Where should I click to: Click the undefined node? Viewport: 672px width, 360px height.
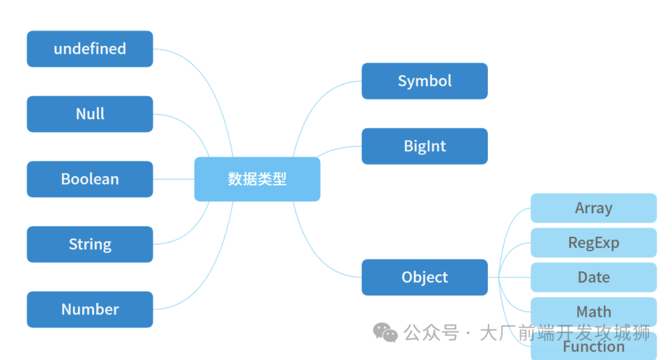tap(90, 48)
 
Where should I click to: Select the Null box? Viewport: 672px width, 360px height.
tap(90, 114)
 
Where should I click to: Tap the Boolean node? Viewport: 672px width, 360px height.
tap(90, 179)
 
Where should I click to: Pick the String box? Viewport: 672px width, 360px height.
tap(90, 244)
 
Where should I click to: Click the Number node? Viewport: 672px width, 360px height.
tap(90, 309)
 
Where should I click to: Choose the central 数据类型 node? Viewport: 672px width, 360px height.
tap(257, 179)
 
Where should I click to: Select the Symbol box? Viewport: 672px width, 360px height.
tap(424, 81)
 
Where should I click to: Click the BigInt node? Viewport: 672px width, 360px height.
tap(424, 146)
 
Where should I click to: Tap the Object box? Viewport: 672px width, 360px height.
tap(424, 277)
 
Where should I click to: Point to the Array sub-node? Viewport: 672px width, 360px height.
tap(593, 208)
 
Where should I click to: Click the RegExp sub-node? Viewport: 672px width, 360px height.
tap(593, 242)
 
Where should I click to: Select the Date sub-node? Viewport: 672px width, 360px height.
tap(593, 277)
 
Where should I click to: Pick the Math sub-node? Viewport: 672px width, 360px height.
tap(593, 311)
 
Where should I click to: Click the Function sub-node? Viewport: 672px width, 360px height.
tap(593, 346)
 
